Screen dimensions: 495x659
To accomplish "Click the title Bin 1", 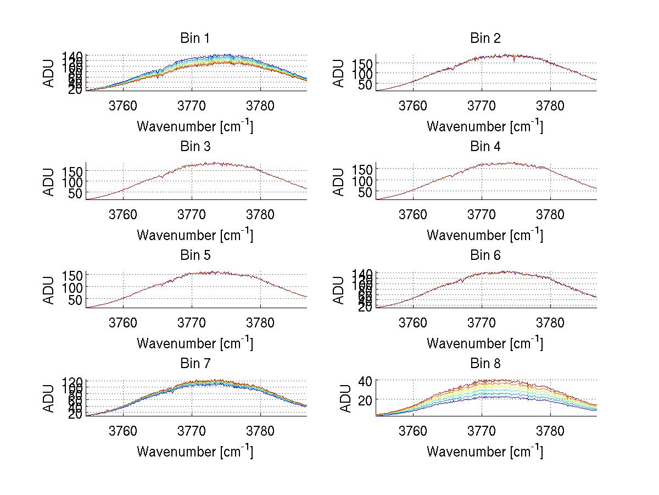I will point(195,38).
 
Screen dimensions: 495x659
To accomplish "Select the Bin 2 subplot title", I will point(485,38).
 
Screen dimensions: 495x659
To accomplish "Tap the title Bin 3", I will point(195,147).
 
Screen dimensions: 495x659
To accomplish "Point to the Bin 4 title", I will point(485,147).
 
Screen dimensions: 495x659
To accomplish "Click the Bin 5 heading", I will point(195,255).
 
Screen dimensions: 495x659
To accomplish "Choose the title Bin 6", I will point(485,255).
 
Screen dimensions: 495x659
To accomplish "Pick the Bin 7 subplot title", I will point(195,364).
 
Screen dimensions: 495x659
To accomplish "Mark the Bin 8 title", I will point(485,364).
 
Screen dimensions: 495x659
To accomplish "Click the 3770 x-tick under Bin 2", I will point(482,105).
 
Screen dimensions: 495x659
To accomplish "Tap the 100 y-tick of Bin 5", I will point(72,287).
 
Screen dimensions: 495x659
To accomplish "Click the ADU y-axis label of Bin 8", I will point(345,398).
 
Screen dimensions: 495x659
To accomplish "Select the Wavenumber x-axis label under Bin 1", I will point(195,126).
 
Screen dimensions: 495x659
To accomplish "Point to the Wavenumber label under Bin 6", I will point(485,343).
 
